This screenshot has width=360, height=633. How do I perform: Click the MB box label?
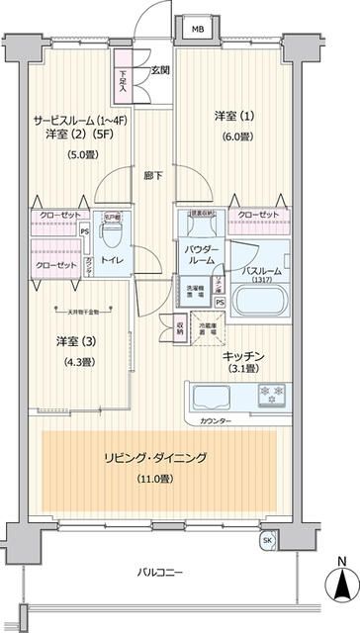[198, 30]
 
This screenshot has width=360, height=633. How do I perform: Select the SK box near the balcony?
[268, 541]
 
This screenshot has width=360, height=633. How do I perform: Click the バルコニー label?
[158, 572]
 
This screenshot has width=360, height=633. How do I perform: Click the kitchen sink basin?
[214, 398]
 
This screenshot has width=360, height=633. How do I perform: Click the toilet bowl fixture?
[113, 234]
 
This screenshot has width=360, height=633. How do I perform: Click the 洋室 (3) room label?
[70, 341]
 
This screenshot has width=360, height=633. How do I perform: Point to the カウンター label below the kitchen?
[230, 421]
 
